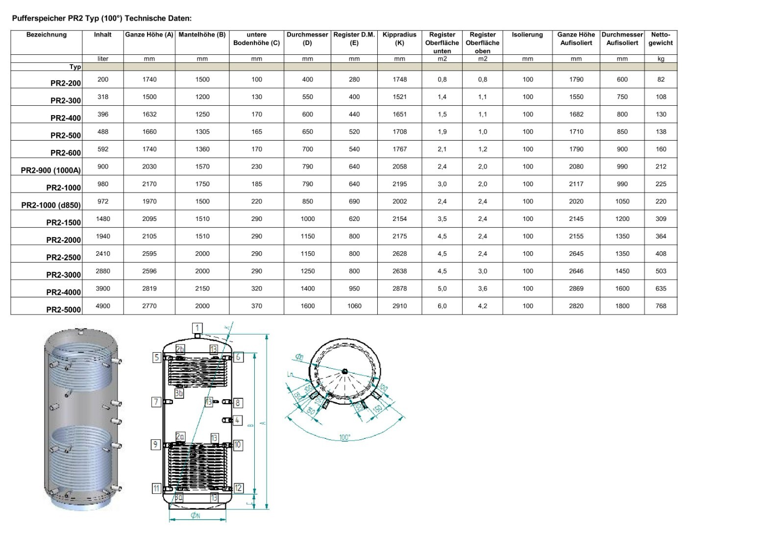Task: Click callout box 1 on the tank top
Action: pos(197,328)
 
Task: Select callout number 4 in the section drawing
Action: pos(237,420)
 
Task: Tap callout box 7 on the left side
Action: pos(156,402)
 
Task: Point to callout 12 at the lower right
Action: pos(238,488)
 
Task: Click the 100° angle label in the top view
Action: pos(344,437)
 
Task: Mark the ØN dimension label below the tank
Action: pos(195,516)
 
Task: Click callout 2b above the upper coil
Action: pos(180,349)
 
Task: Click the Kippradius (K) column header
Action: pos(399,39)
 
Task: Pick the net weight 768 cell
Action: pos(661,306)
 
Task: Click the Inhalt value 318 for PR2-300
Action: pos(103,96)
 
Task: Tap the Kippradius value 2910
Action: pos(399,306)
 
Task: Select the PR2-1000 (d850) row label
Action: pos(51,205)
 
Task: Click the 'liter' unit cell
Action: pos(103,59)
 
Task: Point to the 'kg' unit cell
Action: pos(661,59)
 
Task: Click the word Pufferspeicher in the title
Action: pos(39,19)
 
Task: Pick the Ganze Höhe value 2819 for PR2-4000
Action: pos(149,289)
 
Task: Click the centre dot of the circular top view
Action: pos(345,371)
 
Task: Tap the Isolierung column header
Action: pos(527,35)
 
